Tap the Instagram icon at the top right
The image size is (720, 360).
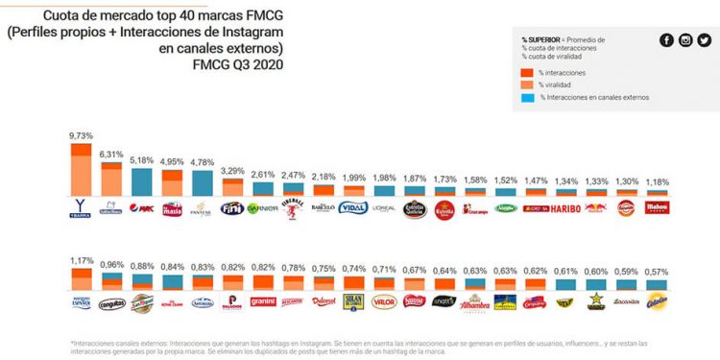point(685,39)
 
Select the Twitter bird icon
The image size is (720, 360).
point(704,39)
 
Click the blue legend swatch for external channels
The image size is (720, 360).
point(527,97)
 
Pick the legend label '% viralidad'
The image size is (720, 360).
point(558,84)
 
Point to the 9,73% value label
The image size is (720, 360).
point(81,137)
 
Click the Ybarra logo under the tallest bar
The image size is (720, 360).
point(81,207)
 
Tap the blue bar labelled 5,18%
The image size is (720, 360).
point(142,181)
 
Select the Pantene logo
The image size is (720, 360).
point(203,207)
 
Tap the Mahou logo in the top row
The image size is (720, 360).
point(657,207)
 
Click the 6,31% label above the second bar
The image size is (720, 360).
point(111,154)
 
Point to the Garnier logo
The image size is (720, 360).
point(263,207)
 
